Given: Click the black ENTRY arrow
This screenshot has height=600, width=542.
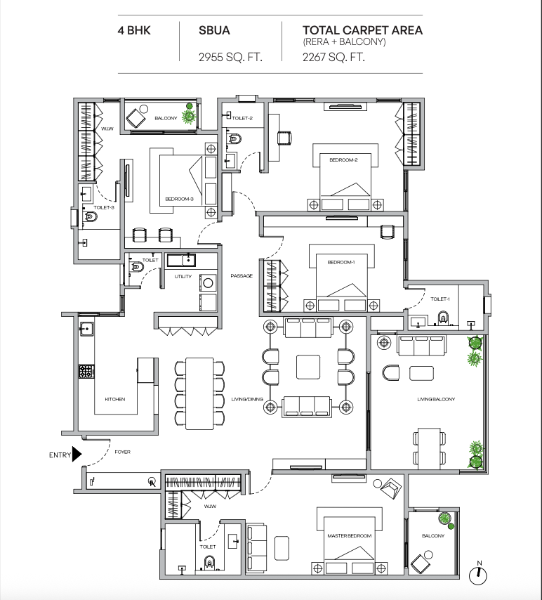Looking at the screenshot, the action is pyautogui.click(x=77, y=454).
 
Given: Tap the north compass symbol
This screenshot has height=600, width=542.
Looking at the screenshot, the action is pyautogui.click(x=478, y=575).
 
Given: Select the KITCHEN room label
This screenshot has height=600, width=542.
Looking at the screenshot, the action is pyautogui.click(x=115, y=399).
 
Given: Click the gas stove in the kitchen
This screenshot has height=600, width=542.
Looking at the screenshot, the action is pyautogui.click(x=86, y=371).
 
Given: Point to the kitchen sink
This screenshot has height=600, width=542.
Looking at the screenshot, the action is pyautogui.click(x=87, y=329).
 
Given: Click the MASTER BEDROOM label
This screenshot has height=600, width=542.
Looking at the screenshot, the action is pyautogui.click(x=349, y=535).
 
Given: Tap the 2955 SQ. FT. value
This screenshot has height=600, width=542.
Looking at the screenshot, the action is pyautogui.click(x=230, y=57).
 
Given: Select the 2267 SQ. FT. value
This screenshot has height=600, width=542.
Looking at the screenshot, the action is pyautogui.click(x=333, y=57).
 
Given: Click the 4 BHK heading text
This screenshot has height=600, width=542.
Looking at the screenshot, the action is pyautogui.click(x=134, y=30).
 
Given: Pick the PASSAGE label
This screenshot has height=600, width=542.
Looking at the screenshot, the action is pyautogui.click(x=242, y=275).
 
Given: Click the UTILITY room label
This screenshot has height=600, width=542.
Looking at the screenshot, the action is pyautogui.click(x=183, y=276).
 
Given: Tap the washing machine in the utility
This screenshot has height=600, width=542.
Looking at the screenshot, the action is pyautogui.click(x=208, y=283).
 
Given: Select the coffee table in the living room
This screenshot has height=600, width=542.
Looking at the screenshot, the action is pyautogui.click(x=308, y=367).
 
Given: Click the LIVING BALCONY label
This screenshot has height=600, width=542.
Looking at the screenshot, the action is pyautogui.click(x=436, y=399).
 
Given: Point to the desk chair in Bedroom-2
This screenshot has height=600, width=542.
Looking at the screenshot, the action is pyautogui.click(x=285, y=138).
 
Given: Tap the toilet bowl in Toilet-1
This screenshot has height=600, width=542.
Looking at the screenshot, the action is pyautogui.click(x=443, y=318).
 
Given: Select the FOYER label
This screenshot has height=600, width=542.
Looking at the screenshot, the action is pyautogui.click(x=122, y=452).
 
